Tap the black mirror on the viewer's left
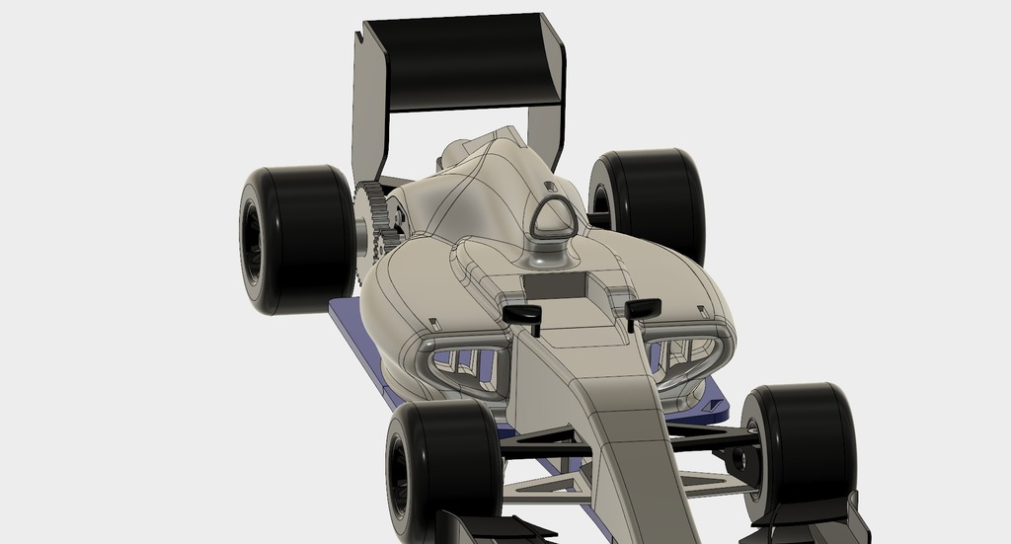click(522, 314)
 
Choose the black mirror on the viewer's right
click(643, 308)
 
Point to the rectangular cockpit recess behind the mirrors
click(559, 286)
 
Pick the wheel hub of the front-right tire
click(739, 459)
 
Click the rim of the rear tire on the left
click(251, 239)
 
